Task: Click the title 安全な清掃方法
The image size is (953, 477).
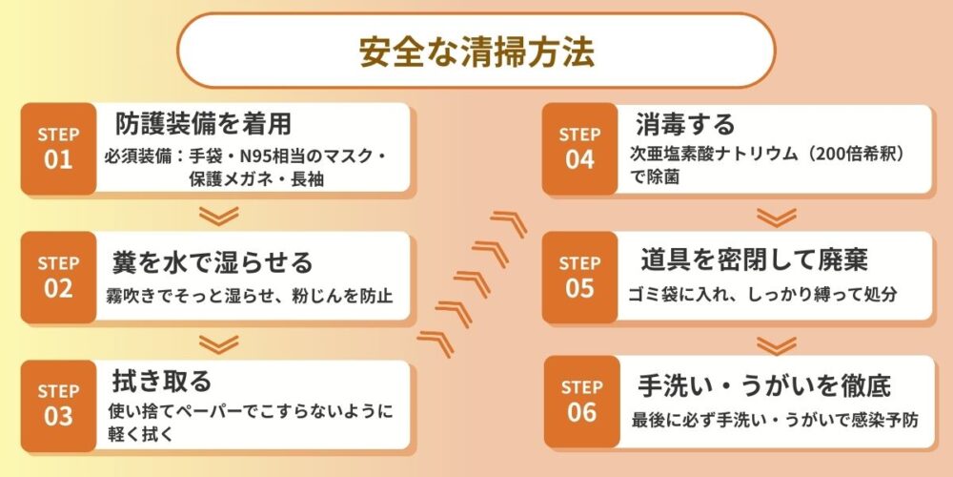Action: tap(476, 52)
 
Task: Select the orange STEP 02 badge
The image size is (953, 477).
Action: tap(58, 277)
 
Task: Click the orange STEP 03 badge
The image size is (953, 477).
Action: tap(58, 404)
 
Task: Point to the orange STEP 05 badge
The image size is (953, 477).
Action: tap(579, 277)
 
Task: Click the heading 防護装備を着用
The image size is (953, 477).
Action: tap(203, 124)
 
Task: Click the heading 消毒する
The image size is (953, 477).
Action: tap(685, 124)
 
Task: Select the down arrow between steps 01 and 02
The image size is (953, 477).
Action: tap(222, 216)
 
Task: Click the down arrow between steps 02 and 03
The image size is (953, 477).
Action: tap(222, 342)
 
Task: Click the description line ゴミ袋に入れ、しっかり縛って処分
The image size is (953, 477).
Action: tap(762, 294)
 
